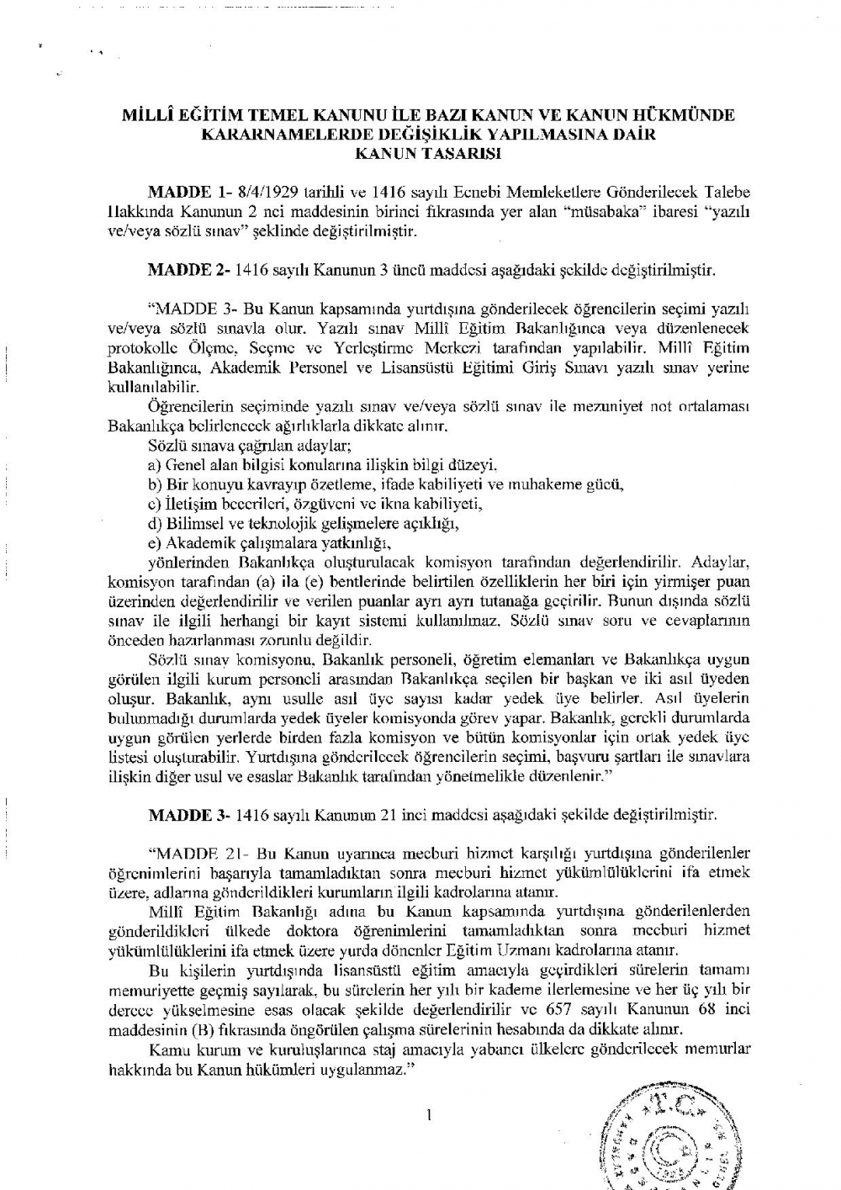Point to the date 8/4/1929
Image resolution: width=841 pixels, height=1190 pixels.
click(257, 193)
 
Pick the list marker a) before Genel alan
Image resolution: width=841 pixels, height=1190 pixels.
click(155, 464)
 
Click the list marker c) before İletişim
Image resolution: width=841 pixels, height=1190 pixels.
click(154, 504)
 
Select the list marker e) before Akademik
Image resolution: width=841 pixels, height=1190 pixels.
click(155, 542)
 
